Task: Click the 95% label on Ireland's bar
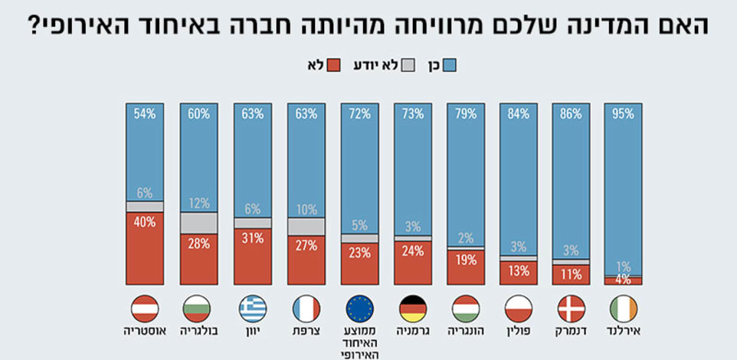click(623, 114)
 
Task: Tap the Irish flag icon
click(623, 309)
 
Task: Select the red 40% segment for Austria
click(145, 247)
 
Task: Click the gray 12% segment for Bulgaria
click(198, 223)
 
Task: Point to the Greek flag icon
click(252, 309)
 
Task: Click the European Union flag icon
click(359, 309)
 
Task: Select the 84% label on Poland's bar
click(517, 114)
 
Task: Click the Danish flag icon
click(570, 309)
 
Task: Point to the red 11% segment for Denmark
click(571, 274)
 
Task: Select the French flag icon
click(306, 309)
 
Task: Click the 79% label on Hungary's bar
click(464, 114)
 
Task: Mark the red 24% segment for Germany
click(413, 263)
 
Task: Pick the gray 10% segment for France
click(306, 227)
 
